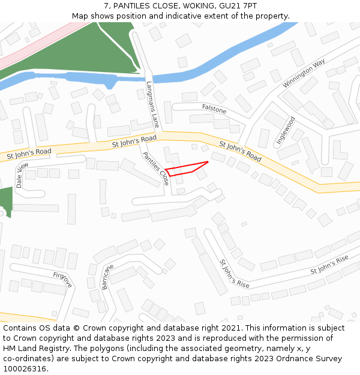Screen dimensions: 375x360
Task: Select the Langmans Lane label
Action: pyautogui.click(x=153, y=105)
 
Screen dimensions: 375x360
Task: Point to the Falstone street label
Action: pyautogui.click(x=214, y=110)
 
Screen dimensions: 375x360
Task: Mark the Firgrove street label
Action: pyautogui.click(x=62, y=280)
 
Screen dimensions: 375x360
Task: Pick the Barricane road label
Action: pyautogui.click(x=107, y=277)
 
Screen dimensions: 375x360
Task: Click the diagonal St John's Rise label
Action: pyautogui.click(x=234, y=274)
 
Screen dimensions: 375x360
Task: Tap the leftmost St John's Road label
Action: pyautogui.click(x=29, y=153)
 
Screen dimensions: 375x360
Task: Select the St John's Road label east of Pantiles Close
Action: pyautogui.click(x=240, y=151)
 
